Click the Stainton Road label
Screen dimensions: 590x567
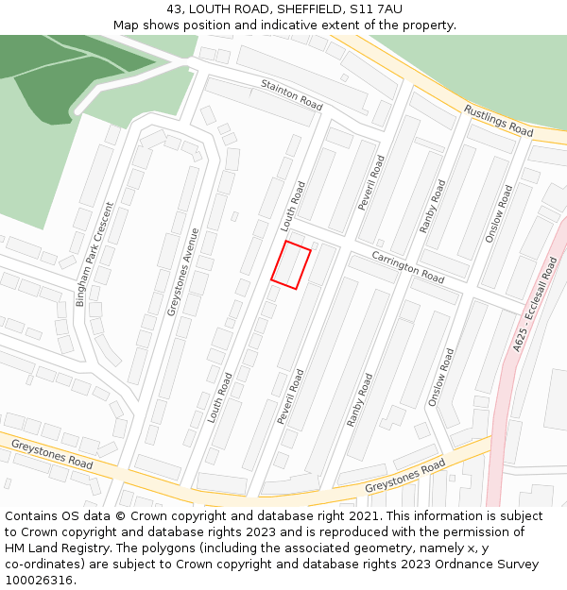pyautogui.click(x=292, y=93)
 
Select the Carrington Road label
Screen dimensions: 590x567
pyautogui.click(x=407, y=267)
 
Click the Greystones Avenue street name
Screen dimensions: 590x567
pyautogui.click(x=183, y=272)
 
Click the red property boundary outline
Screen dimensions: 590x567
pyautogui.click(x=291, y=265)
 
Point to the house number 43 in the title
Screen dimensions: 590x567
pyautogui.click(x=174, y=9)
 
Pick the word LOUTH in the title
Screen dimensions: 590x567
pyautogui.click(x=212, y=9)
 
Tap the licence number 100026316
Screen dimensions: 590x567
pyautogui.click(x=40, y=581)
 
